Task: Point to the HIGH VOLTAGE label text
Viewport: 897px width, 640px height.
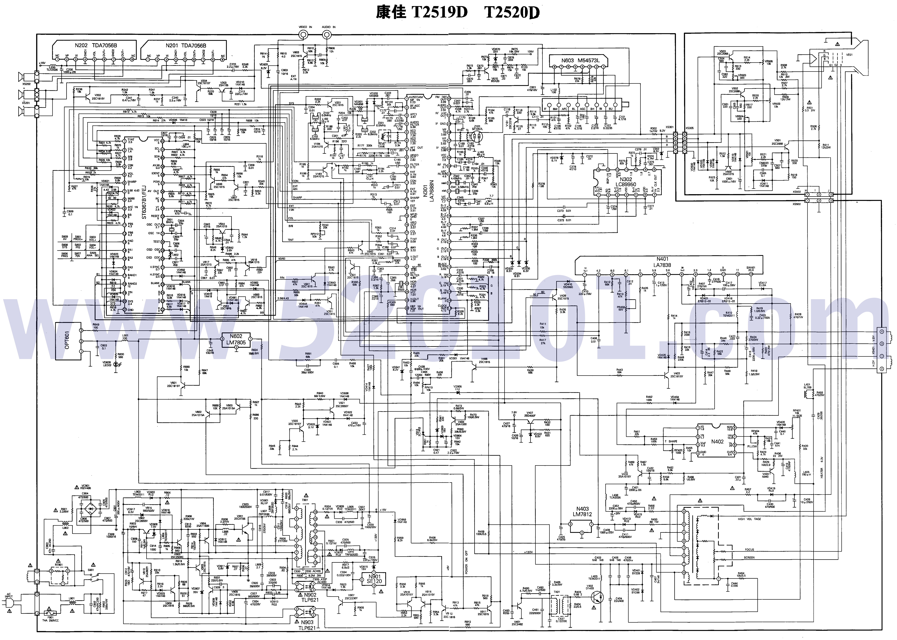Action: (749, 519)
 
